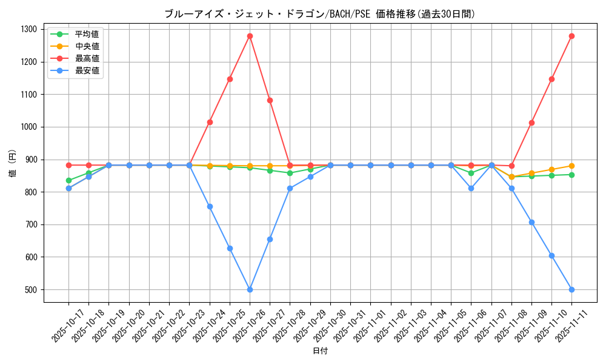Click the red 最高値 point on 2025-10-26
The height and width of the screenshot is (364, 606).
pyautogui.click(x=250, y=36)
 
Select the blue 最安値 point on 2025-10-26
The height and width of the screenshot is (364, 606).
pyautogui.click(x=250, y=289)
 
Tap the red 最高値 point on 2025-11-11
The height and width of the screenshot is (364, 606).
pyautogui.click(x=571, y=36)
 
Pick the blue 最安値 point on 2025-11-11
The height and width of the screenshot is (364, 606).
pyautogui.click(x=571, y=289)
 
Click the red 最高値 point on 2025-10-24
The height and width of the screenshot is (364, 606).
pyautogui.click(x=210, y=122)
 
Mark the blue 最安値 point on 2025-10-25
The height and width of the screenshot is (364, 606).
pyautogui.click(x=230, y=248)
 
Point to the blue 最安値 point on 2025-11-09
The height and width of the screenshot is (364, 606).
pyautogui.click(x=531, y=222)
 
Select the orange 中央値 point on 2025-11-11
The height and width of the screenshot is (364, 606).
pyautogui.click(x=571, y=166)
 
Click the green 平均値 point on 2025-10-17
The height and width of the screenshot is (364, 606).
pyautogui.click(x=68, y=180)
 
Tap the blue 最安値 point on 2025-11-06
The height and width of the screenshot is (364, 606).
pyautogui.click(x=471, y=188)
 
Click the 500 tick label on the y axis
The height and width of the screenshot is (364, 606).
pyautogui.click(x=30, y=289)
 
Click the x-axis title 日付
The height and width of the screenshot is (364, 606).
pyautogui.click(x=320, y=351)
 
